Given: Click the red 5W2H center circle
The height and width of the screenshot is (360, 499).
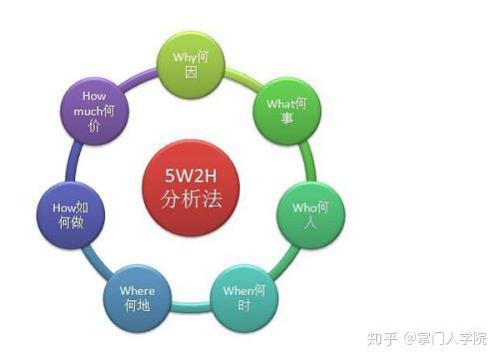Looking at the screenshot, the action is [192, 187].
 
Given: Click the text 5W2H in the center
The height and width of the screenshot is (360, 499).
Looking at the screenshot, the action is [192, 175].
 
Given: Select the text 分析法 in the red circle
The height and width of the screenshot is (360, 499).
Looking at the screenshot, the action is [192, 199].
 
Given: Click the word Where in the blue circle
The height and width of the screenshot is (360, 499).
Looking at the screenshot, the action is [138, 289].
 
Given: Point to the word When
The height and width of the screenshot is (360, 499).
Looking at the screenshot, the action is [238, 290].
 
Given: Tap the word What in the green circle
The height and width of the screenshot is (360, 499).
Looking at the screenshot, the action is [279, 104].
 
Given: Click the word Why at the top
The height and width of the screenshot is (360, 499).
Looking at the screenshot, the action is [185, 58].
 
